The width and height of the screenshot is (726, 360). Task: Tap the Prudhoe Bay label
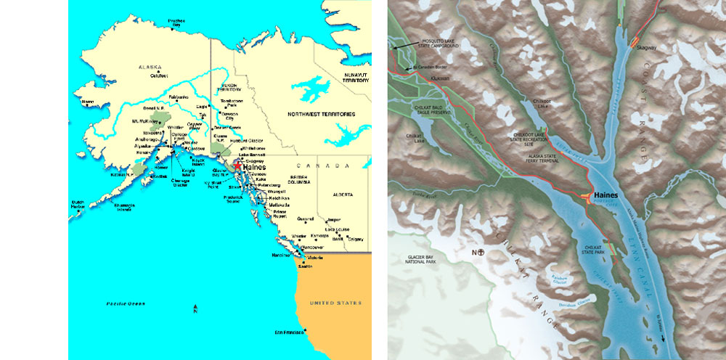click(x=176, y=22)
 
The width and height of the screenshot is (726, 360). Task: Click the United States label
click(x=335, y=303)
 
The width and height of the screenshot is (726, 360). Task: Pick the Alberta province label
click(x=342, y=195)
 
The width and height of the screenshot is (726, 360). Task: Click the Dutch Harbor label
click(x=78, y=204)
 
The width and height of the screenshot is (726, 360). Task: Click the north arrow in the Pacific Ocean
click(x=197, y=311)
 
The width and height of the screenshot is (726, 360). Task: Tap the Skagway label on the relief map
click(x=645, y=47)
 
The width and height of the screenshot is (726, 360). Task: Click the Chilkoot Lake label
click(x=547, y=103)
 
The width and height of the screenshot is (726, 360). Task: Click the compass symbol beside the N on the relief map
click(x=479, y=252)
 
